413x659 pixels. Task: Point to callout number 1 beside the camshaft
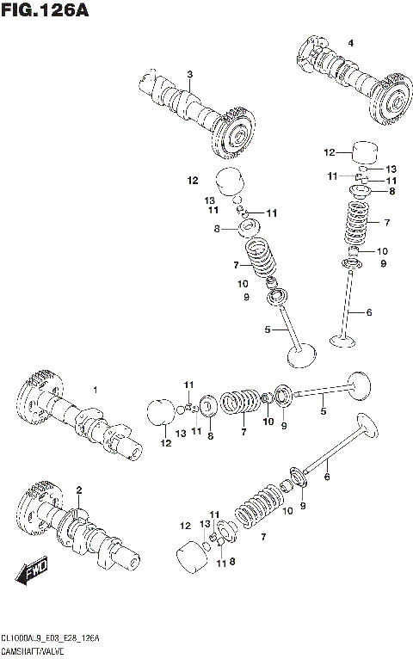click(x=96, y=391)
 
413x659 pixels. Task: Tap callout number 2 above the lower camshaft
click(x=78, y=490)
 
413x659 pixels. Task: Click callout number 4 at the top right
click(x=350, y=42)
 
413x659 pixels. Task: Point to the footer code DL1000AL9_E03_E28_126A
click(x=52, y=637)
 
